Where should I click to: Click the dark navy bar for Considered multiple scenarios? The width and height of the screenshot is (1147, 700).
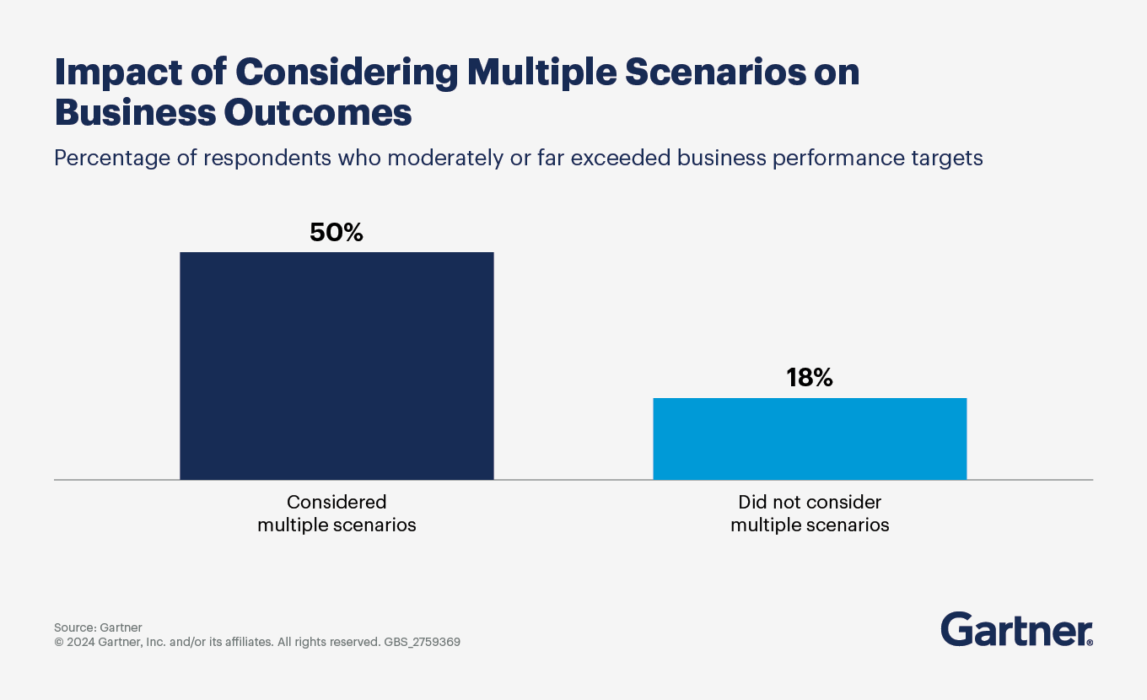(x=337, y=366)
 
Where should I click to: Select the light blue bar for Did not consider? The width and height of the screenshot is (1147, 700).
(x=810, y=439)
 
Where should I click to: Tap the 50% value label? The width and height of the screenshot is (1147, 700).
(x=337, y=233)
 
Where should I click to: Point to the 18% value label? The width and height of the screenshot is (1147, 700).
(x=810, y=378)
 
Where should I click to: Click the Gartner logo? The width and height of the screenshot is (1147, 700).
(x=1016, y=629)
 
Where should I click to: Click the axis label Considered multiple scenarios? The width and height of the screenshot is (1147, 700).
(x=337, y=514)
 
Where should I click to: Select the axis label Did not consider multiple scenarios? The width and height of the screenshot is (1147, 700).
(x=810, y=514)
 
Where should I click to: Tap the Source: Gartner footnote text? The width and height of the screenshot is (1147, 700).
(x=98, y=627)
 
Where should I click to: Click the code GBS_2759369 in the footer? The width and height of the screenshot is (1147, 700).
(x=422, y=642)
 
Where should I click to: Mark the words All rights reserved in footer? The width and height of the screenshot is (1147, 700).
(x=328, y=642)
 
